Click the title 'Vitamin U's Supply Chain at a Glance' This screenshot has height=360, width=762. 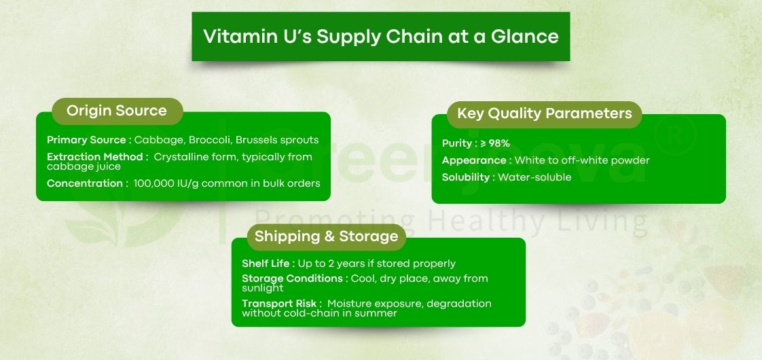click(381, 36)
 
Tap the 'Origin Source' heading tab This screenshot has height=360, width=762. click(116, 111)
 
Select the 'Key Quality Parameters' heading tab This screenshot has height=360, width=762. click(544, 113)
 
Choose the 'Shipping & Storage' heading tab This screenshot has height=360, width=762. click(326, 236)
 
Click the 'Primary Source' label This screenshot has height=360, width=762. click(86, 140)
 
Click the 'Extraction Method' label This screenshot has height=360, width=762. click(96, 157)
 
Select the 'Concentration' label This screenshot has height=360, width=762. click(85, 183)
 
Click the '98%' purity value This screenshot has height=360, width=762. click(499, 143)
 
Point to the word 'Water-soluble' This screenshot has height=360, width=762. click(534, 177)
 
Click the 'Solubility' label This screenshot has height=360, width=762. click(466, 177)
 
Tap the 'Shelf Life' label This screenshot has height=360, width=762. click(266, 264)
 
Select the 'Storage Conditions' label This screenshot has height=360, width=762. click(292, 278)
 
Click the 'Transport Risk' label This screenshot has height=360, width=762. click(278, 304)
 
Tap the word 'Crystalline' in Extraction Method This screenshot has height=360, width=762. click(183, 157)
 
